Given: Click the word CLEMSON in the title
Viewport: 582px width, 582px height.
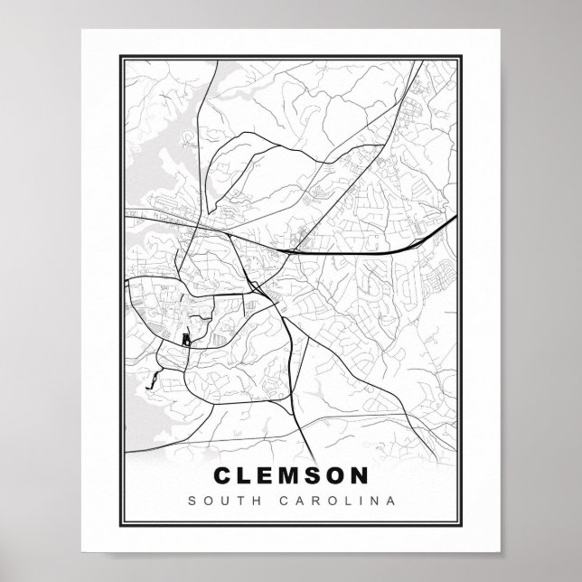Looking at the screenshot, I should click(x=290, y=474).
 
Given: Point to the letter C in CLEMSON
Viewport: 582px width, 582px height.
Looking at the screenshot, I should click(x=221, y=474).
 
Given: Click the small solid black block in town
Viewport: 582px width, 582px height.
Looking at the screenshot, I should click(x=186, y=340).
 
